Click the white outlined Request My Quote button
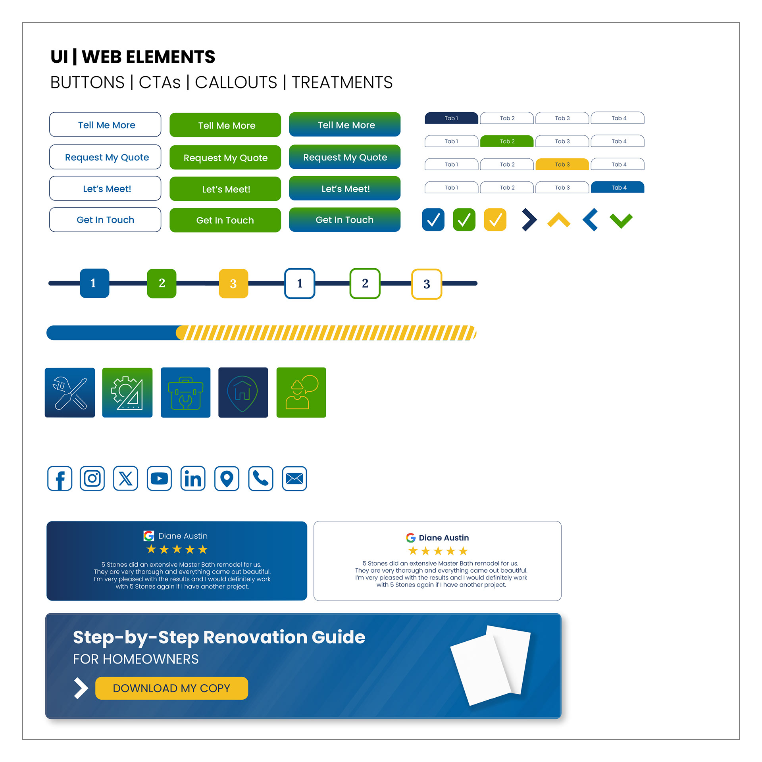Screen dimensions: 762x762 pyautogui.click(x=105, y=157)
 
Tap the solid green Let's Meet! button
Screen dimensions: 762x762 pyautogui.click(x=225, y=189)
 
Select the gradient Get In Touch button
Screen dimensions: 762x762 pyautogui.click(x=344, y=220)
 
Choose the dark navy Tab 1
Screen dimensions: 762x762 pyautogui.click(x=451, y=118)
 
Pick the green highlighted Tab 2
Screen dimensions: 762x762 pyautogui.click(x=507, y=141)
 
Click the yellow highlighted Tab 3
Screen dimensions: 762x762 pyautogui.click(x=562, y=164)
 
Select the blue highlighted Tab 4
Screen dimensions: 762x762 pyautogui.click(x=618, y=187)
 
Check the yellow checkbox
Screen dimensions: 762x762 pyautogui.click(x=495, y=219)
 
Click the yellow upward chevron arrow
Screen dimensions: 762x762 pyautogui.click(x=558, y=219)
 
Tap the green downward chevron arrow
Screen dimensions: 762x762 pyautogui.click(x=621, y=220)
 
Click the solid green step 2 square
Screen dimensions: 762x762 pyautogui.click(x=162, y=283)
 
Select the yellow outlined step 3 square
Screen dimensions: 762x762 pyautogui.click(x=427, y=284)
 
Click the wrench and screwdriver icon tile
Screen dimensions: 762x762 pyautogui.click(x=70, y=393)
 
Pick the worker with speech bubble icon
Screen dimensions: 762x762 pyautogui.click(x=301, y=393)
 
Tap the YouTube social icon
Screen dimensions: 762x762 pyautogui.click(x=159, y=479)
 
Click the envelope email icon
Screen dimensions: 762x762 pyautogui.click(x=294, y=479)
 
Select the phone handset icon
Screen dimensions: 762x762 pyautogui.click(x=261, y=479)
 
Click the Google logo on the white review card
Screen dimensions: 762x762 pyautogui.click(x=410, y=538)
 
